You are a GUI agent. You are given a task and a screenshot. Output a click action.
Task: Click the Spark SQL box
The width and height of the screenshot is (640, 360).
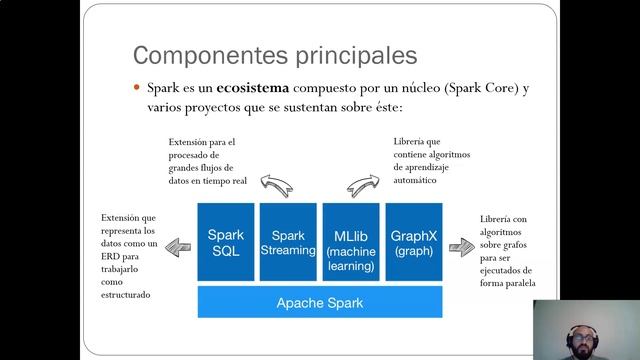tap(226, 243)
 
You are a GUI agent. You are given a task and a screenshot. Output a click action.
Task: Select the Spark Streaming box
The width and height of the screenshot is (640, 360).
tap(288, 243)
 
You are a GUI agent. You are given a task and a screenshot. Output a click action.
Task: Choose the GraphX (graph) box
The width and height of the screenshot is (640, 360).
tap(412, 243)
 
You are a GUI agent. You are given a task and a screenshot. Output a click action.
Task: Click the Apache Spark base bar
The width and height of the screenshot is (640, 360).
tap(320, 301)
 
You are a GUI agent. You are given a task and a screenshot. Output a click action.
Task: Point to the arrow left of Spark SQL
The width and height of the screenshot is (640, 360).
tap(177, 245)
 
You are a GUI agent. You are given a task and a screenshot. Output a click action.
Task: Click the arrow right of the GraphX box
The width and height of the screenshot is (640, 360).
tap(461, 247)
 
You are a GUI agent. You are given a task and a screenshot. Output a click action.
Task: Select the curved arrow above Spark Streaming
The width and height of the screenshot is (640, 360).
tap(274, 183)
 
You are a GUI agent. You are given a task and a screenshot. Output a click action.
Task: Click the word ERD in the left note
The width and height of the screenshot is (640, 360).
tap(110, 257)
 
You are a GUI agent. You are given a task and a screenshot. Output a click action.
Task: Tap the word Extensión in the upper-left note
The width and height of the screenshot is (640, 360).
tap(189, 142)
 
